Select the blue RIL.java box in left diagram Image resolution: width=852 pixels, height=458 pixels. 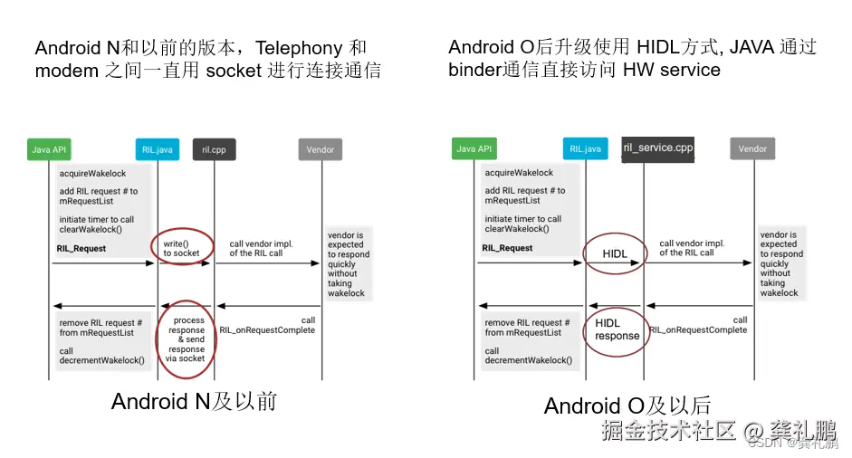point(158,149)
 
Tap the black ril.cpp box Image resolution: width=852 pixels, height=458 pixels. point(215,149)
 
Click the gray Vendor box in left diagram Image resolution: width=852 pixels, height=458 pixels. point(321,149)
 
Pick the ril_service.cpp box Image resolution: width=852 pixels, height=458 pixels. point(658,148)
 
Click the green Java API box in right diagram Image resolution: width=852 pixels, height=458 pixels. point(474,149)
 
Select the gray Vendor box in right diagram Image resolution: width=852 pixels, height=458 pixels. point(752,149)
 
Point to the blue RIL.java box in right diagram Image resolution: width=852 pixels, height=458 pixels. point(584,149)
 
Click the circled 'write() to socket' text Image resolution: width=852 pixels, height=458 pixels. point(181,248)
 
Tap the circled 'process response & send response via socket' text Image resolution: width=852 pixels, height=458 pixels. point(187,339)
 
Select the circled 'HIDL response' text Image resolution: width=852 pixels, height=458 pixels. point(617,329)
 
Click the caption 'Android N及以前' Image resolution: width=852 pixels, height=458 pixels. point(194,401)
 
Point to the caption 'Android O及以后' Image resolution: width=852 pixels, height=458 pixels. point(628,406)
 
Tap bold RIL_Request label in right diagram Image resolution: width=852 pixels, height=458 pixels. point(508,248)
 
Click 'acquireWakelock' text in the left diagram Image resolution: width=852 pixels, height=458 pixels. point(92,173)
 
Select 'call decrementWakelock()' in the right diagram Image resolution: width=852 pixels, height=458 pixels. point(528,356)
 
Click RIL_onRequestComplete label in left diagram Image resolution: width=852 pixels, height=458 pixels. point(267,330)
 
